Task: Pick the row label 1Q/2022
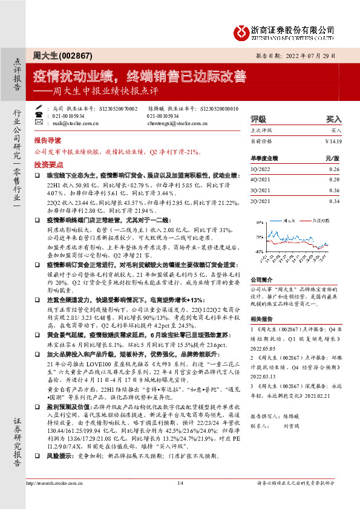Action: [x=261, y=170]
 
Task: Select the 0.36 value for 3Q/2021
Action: [x=334, y=190]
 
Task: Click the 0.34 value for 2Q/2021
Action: [x=334, y=201]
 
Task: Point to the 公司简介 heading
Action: [x=261, y=263]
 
